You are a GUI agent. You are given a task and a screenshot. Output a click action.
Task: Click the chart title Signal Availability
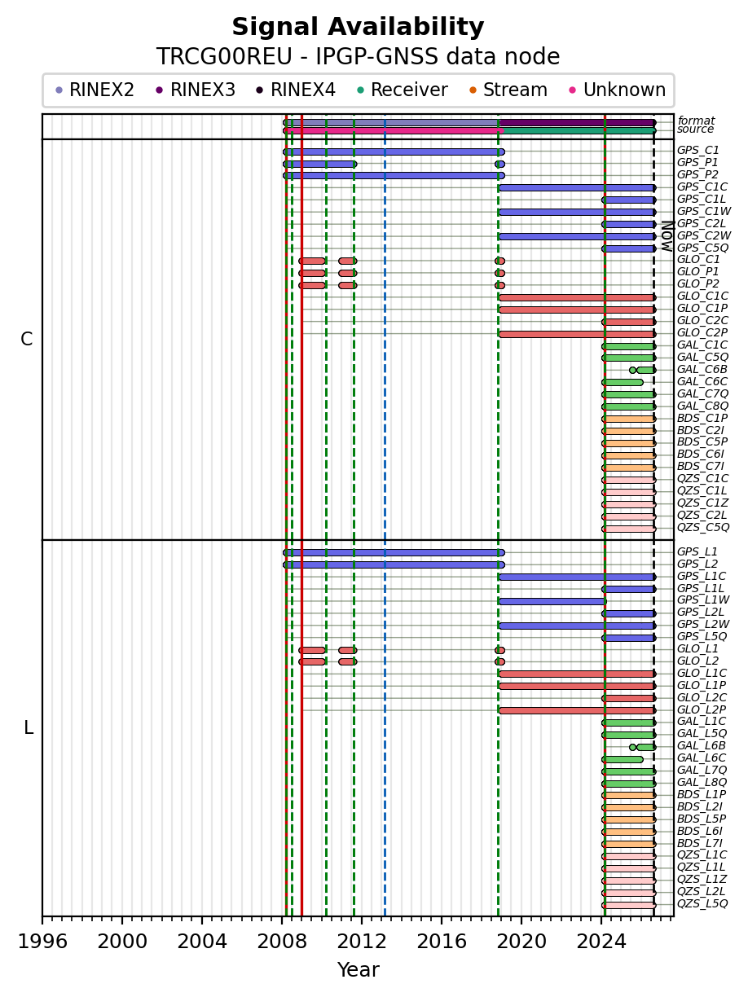tap(358, 27)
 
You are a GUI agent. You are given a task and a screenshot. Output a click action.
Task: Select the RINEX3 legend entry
tap(196, 90)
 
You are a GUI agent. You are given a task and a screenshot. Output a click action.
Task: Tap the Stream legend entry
tap(508, 90)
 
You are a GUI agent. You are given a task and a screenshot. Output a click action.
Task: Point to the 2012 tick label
tap(362, 942)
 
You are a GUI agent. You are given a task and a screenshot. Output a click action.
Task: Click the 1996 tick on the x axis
tap(42, 920)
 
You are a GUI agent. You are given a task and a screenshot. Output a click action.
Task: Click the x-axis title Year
tap(358, 970)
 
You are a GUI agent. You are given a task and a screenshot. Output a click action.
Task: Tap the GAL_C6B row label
tap(702, 369)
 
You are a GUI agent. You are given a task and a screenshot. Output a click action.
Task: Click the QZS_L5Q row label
tap(702, 903)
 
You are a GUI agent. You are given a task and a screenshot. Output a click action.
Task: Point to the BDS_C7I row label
tap(700, 467)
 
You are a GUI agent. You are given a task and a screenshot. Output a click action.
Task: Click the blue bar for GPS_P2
tap(394, 176)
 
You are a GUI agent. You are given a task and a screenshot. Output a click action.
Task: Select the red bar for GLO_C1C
tap(577, 297)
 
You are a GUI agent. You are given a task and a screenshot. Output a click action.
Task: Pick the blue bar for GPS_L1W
tap(552, 601)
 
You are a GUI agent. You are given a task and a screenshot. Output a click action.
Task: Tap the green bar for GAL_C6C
tap(623, 383)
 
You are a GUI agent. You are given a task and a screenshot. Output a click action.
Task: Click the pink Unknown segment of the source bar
tap(394, 131)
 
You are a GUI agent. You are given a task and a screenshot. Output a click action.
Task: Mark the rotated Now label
tap(667, 236)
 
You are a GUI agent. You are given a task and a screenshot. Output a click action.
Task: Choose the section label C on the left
tap(26, 340)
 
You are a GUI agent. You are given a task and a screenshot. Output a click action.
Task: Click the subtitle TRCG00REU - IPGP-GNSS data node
tap(358, 57)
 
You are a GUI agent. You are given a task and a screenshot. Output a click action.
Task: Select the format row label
tap(696, 121)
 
